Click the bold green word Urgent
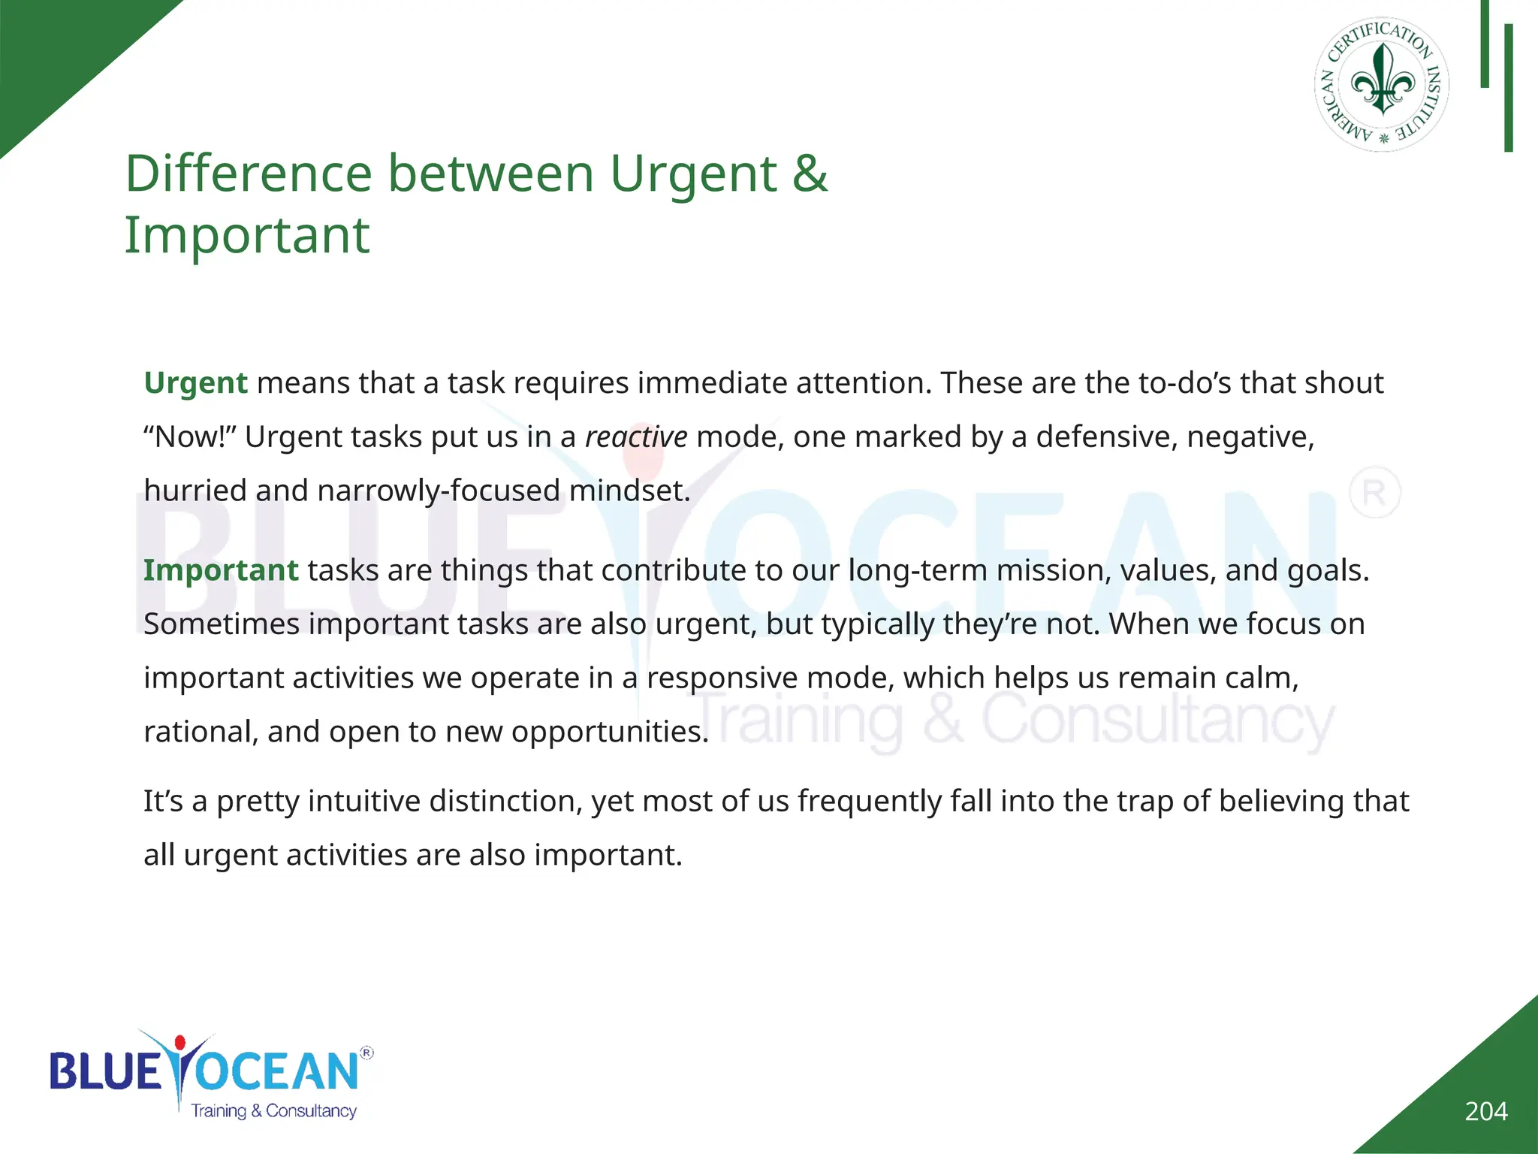pos(195,383)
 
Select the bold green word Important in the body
pos(221,570)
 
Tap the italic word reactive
pos(636,437)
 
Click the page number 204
pos(1485,1111)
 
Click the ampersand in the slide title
pos(810,174)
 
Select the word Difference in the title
pos(247,174)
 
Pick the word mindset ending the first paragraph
pos(629,491)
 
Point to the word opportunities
pos(610,732)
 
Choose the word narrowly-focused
pos(439,491)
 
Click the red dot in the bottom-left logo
pos(179,1043)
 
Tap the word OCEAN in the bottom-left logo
pos(276,1071)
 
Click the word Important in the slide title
pos(247,236)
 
